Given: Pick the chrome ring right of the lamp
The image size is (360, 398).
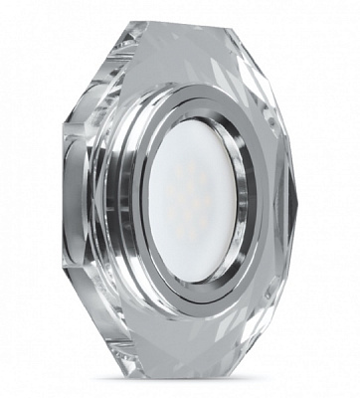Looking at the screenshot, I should pos(261,199).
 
